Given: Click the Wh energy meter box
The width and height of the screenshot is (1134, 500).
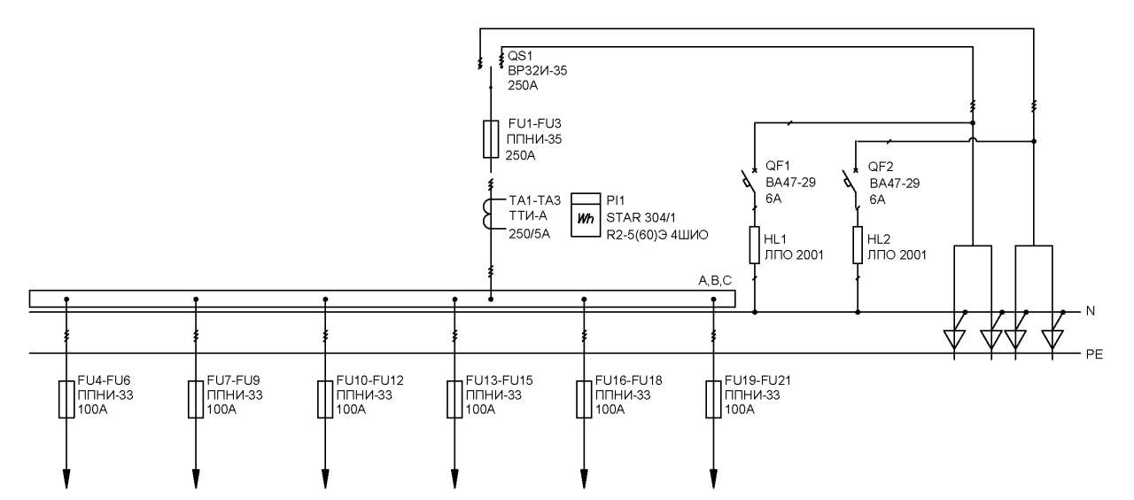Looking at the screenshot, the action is (586, 215).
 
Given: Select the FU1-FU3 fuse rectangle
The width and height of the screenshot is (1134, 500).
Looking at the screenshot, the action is (491, 139).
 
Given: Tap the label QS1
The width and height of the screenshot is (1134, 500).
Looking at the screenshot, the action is (520, 56).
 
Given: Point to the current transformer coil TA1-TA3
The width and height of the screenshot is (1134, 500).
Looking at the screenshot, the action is (487, 214).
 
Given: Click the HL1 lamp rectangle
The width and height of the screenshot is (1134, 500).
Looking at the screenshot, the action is (754, 246).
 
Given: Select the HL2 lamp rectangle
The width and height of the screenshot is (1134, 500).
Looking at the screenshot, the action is (858, 246).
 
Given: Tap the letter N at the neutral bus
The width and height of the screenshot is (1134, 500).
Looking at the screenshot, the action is (1091, 311).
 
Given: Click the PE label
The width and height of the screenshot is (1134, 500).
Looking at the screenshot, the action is (1094, 355).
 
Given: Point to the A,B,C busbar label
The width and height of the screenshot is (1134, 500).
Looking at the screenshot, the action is (715, 281).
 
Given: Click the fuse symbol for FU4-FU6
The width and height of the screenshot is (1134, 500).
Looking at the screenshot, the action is (66, 400).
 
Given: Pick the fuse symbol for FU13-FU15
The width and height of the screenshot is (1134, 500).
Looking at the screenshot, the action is (454, 400).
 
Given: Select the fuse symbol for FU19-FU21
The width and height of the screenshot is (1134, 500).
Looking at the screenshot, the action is (713, 400).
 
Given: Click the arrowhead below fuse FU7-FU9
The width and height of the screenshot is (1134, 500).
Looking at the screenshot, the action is (196, 479).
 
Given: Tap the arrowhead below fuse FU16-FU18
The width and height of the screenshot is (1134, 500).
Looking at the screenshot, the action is (584, 479).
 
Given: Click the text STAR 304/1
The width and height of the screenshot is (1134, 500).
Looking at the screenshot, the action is (641, 218).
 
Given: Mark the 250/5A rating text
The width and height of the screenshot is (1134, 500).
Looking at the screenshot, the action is (529, 234).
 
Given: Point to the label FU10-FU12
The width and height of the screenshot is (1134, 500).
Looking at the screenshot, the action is (370, 380).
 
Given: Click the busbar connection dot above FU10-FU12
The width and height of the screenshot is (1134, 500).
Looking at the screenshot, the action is (325, 300).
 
